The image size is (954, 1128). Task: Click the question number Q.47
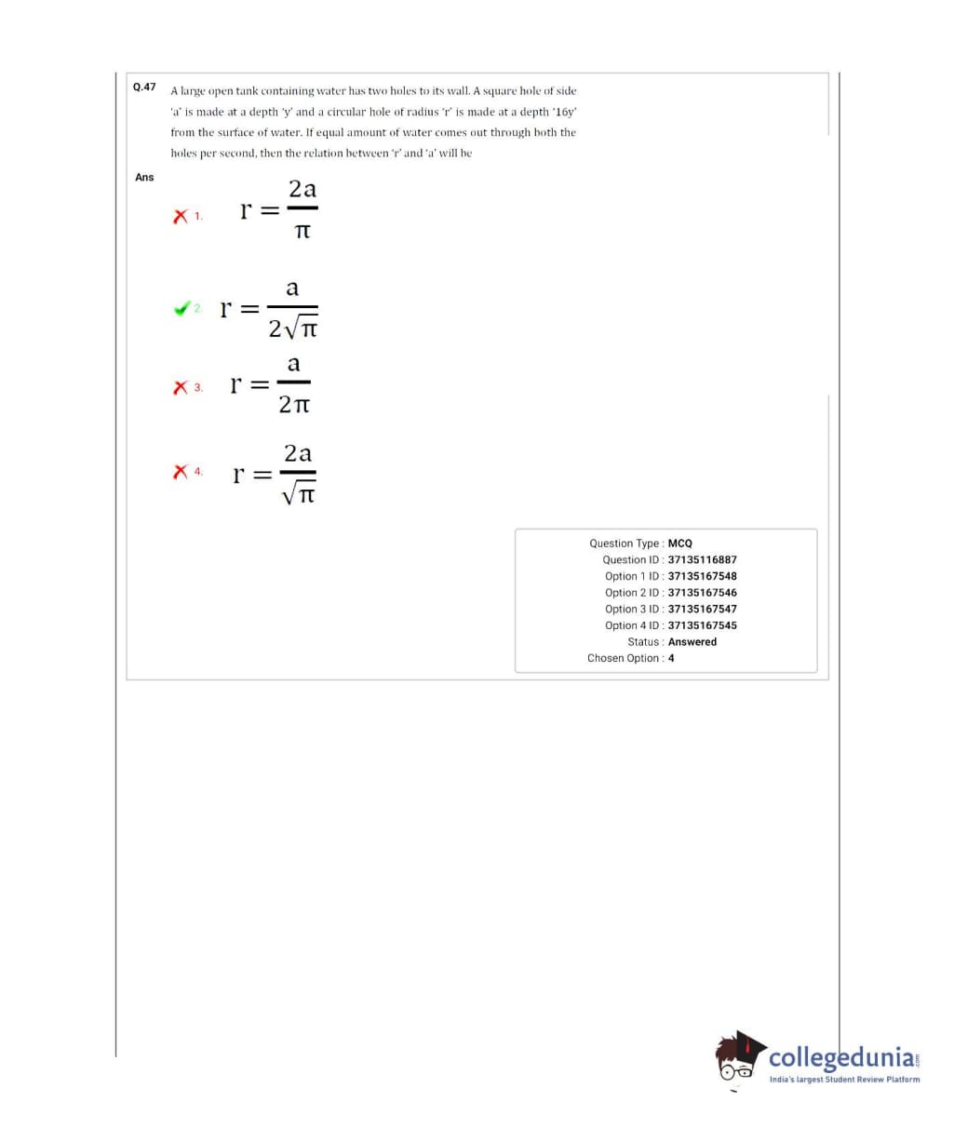coord(144,87)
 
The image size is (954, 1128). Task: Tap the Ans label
coord(144,177)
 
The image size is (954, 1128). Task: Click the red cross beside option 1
coord(180,216)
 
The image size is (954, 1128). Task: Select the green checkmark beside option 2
coord(181,308)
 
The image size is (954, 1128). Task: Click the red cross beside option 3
coord(180,387)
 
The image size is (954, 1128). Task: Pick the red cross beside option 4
coord(180,473)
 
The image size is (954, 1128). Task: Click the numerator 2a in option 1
coord(302,189)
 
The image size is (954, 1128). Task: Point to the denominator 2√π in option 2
coord(293,329)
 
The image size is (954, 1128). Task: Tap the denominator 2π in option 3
coord(294,405)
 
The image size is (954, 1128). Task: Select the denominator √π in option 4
coord(299,494)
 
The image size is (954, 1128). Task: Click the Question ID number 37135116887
coord(702,559)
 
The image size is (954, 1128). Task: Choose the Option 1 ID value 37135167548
coord(702,576)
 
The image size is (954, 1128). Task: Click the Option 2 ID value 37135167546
coord(702,593)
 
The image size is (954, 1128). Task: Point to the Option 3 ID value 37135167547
coord(702,609)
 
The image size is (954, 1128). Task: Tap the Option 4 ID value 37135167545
coord(702,625)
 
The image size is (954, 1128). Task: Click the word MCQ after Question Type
coord(679,544)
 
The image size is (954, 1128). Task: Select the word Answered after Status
coord(692,642)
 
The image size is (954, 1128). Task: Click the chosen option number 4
coord(671,658)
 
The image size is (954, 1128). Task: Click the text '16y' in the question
coord(565,112)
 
